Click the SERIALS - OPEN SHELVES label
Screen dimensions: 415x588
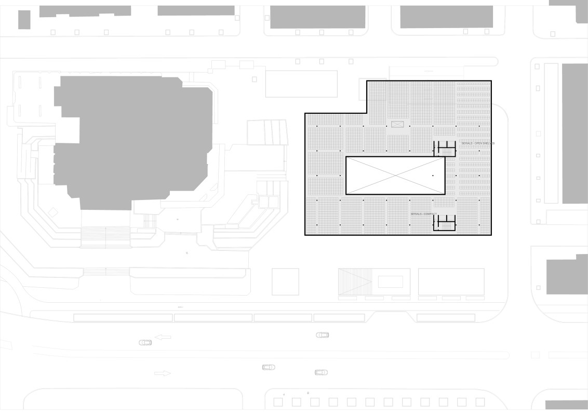(477, 143)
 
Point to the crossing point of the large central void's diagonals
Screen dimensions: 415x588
(395, 176)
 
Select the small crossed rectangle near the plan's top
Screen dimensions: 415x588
(397, 124)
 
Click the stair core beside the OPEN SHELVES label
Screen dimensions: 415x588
(445, 149)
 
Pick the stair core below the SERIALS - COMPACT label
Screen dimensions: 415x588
(445, 223)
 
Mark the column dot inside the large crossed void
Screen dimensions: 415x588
(433, 176)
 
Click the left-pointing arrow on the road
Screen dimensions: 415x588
(163, 337)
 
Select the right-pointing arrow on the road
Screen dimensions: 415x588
(163, 373)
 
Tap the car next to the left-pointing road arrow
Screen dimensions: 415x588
(145, 343)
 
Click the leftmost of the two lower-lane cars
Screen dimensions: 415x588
(268, 367)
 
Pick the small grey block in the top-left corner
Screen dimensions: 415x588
(24, 20)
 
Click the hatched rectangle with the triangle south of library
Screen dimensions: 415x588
(355, 282)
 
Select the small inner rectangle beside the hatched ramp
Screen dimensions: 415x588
(390, 282)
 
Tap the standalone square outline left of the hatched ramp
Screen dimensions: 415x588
(285, 282)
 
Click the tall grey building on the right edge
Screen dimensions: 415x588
(574, 133)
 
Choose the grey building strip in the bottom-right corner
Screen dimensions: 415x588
(566, 405)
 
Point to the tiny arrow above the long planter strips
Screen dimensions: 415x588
(180, 307)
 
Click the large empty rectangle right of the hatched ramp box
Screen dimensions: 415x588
(451, 282)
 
